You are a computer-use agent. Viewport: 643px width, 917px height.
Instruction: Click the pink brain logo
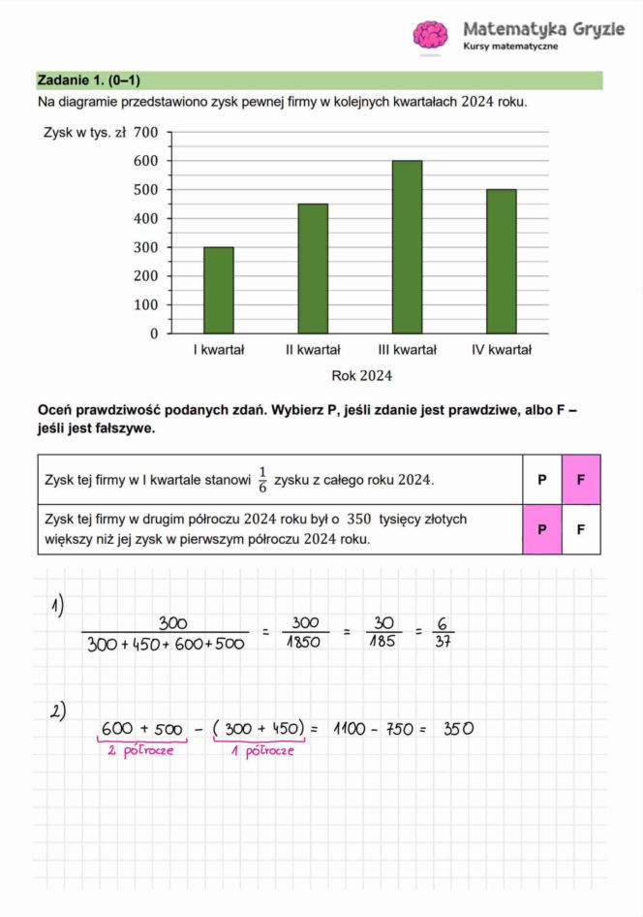click(430, 35)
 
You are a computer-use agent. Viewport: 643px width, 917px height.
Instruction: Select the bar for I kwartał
click(218, 290)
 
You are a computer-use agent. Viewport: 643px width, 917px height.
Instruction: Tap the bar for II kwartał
click(313, 269)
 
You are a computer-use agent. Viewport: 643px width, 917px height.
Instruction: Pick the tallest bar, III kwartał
click(407, 247)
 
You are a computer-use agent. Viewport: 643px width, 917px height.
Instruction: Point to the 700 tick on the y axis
click(147, 133)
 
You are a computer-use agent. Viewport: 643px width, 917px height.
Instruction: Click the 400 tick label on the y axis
click(147, 218)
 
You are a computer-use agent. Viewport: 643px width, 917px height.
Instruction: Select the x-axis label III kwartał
click(407, 350)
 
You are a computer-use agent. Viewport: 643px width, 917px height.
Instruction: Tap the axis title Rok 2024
click(362, 375)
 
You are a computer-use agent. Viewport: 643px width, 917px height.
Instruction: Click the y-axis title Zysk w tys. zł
click(85, 133)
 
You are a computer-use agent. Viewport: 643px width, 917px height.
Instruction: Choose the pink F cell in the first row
click(581, 479)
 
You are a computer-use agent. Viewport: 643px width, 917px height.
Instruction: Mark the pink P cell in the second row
click(542, 529)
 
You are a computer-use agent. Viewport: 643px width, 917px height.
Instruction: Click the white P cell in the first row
click(542, 479)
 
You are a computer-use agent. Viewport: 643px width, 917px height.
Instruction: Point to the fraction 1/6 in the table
click(261, 479)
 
